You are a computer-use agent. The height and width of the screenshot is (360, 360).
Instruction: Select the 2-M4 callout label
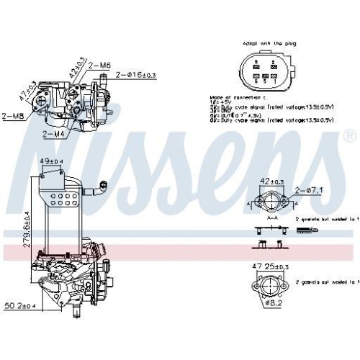coord(55,134)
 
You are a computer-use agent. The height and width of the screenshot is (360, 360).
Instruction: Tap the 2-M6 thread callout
coord(101,65)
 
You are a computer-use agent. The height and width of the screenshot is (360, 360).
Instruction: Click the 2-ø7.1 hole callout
coord(309,189)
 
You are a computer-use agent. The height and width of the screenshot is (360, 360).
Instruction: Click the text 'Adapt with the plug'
coord(269,42)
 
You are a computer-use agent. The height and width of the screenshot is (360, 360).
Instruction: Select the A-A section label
coord(273,216)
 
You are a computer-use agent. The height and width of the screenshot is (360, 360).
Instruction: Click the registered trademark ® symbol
coord(349,136)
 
